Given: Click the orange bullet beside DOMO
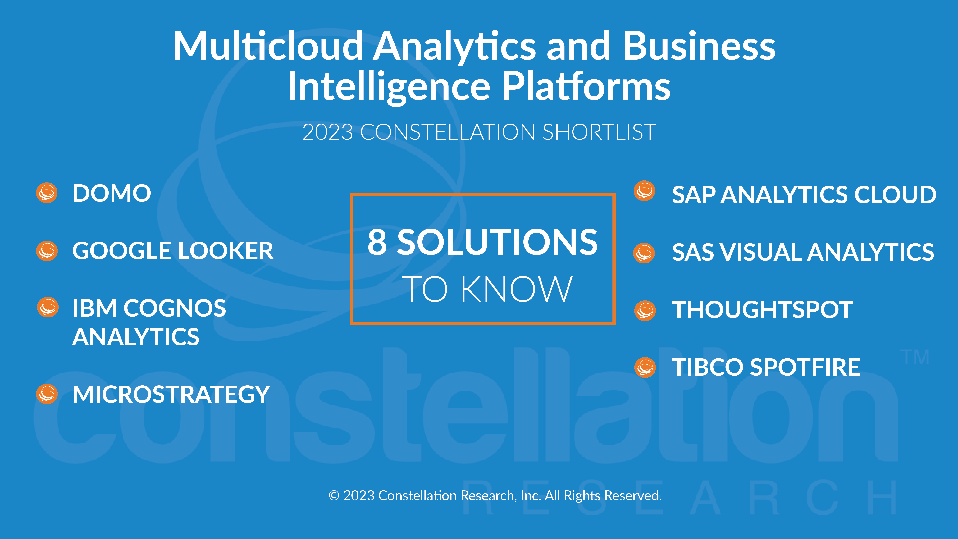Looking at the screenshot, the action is [x=47, y=193].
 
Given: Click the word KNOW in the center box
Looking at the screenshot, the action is [x=516, y=289].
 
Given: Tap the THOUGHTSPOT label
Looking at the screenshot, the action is [x=762, y=310].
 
